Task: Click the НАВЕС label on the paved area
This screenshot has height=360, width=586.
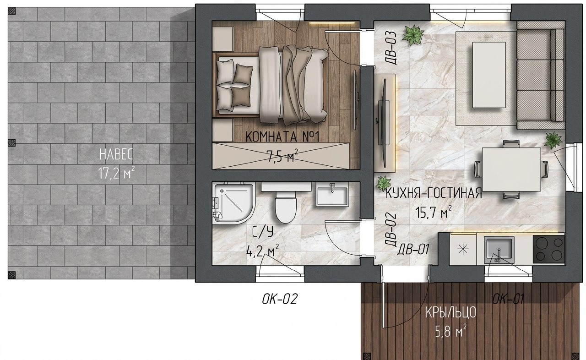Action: pos(116,154)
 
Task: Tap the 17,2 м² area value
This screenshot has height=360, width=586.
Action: pos(117,173)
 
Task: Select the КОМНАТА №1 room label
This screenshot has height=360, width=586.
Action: pos(283,136)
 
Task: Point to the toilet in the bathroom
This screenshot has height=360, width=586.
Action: pos(286,207)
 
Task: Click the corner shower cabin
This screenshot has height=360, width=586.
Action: pos(233,203)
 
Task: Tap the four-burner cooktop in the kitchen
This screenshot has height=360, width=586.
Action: pos(549,249)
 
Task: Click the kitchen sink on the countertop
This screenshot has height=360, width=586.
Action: pos(499,250)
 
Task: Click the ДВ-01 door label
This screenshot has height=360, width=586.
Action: pos(413,249)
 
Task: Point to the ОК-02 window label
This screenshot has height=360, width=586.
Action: pos(280,299)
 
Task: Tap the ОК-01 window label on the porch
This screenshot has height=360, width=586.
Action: pos(508,299)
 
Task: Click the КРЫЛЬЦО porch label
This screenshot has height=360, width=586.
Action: pos(451,312)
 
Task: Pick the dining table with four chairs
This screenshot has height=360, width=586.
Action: pos(511,169)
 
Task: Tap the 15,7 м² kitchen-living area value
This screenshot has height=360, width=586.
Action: pos(434,212)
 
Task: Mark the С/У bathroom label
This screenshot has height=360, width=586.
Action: pos(263,232)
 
